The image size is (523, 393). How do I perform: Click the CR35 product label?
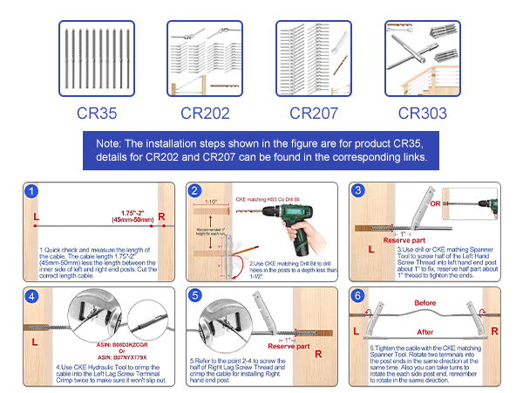coord(96,113)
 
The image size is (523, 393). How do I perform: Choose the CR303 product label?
coord(422,113)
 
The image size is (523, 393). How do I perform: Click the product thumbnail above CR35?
coord(96,59)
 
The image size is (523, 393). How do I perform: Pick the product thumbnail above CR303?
coord(422,59)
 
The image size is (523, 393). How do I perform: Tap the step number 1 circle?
coord(32,192)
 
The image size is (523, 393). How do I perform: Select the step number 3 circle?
coord(358,192)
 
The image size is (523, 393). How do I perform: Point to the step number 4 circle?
coord(32,297)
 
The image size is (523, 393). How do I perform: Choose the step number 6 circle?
coord(358,297)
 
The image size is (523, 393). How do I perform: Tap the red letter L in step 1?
coord(35,215)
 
